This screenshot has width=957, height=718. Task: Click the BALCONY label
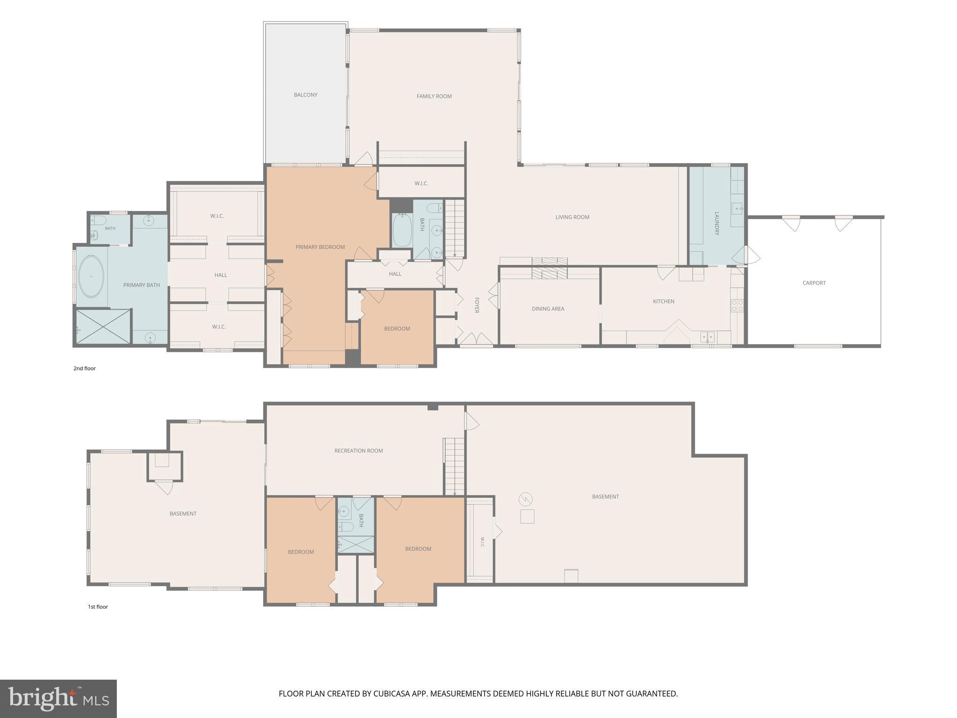pyautogui.click(x=306, y=95)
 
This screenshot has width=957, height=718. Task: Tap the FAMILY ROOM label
pyautogui.click(x=434, y=96)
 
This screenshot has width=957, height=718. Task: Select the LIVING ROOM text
pyautogui.click(x=572, y=217)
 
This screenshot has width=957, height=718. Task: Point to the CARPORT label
pyautogui.click(x=814, y=283)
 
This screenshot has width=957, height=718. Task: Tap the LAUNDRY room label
pyautogui.click(x=717, y=223)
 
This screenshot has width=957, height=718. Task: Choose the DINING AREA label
pyautogui.click(x=548, y=309)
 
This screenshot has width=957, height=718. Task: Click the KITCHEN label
pyautogui.click(x=664, y=302)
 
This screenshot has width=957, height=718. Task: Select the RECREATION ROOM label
pyautogui.click(x=358, y=451)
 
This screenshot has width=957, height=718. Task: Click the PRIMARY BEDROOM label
pyautogui.click(x=320, y=247)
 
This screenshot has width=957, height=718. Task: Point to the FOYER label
pyautogui.click(x=477, y=305)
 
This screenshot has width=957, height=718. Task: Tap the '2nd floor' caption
pyautogui.click(x=85, y=368)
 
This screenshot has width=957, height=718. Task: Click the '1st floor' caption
pyautogui.click(x=98, y=607)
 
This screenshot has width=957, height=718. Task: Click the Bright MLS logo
pyautogui.click(x=58, y=699)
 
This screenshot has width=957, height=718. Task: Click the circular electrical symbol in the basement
pyautogui.click(x=525, y=499)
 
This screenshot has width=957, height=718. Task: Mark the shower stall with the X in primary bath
pyautogui.click(x=103, y=327)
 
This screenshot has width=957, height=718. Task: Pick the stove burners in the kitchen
pyautogui.click(x=737, y=306)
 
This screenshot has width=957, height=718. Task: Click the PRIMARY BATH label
pyautogui.click(x=142, y=285)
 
